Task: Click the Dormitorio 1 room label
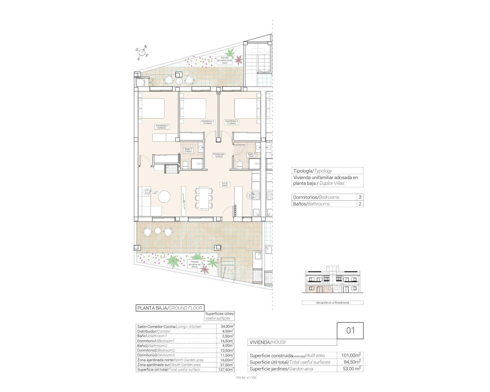coord(162,127)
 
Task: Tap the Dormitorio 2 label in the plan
coord(208,122)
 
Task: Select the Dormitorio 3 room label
coord(232,122)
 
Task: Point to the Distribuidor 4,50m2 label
coord(219,155)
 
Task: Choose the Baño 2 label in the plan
coord(252,155)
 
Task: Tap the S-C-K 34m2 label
coord(225,184)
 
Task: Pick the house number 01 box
coord(350,330)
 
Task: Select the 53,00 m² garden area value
coord(351,369)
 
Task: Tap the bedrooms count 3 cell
coord(359,197)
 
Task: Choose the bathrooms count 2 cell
coord(359,204)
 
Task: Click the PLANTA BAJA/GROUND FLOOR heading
coord(170,308)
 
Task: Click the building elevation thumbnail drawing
coord(332,281)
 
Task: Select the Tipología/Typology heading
coord(312,171)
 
